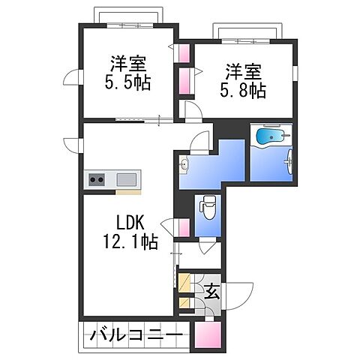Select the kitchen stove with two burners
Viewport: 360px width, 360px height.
pos(97,179)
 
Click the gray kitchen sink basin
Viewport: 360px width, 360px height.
pos(127,179)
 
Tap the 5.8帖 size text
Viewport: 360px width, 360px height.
pos(242,91)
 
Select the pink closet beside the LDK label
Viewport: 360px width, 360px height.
pos(183,228)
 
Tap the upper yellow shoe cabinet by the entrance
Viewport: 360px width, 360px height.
pos(184,283)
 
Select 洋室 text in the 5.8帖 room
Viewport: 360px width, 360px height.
pos(242,72)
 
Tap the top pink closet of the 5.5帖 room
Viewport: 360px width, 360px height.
pos(183,54)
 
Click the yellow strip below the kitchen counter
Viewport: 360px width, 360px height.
pos(128,191)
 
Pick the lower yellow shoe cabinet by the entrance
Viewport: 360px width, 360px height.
pos(184,303)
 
